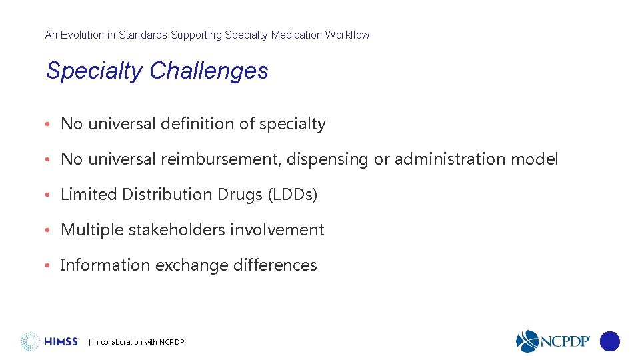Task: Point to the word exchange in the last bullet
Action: (x=191, y=265)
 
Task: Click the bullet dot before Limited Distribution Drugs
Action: (x=49, y=195)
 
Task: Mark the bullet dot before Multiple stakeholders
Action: (x=49, y=231)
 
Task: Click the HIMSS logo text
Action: (x=61, y=342)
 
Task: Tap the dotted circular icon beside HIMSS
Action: (x=30, y=341)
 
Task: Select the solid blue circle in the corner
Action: (x=609, y=341)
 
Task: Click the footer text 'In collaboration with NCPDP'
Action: (x=137, y=343)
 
